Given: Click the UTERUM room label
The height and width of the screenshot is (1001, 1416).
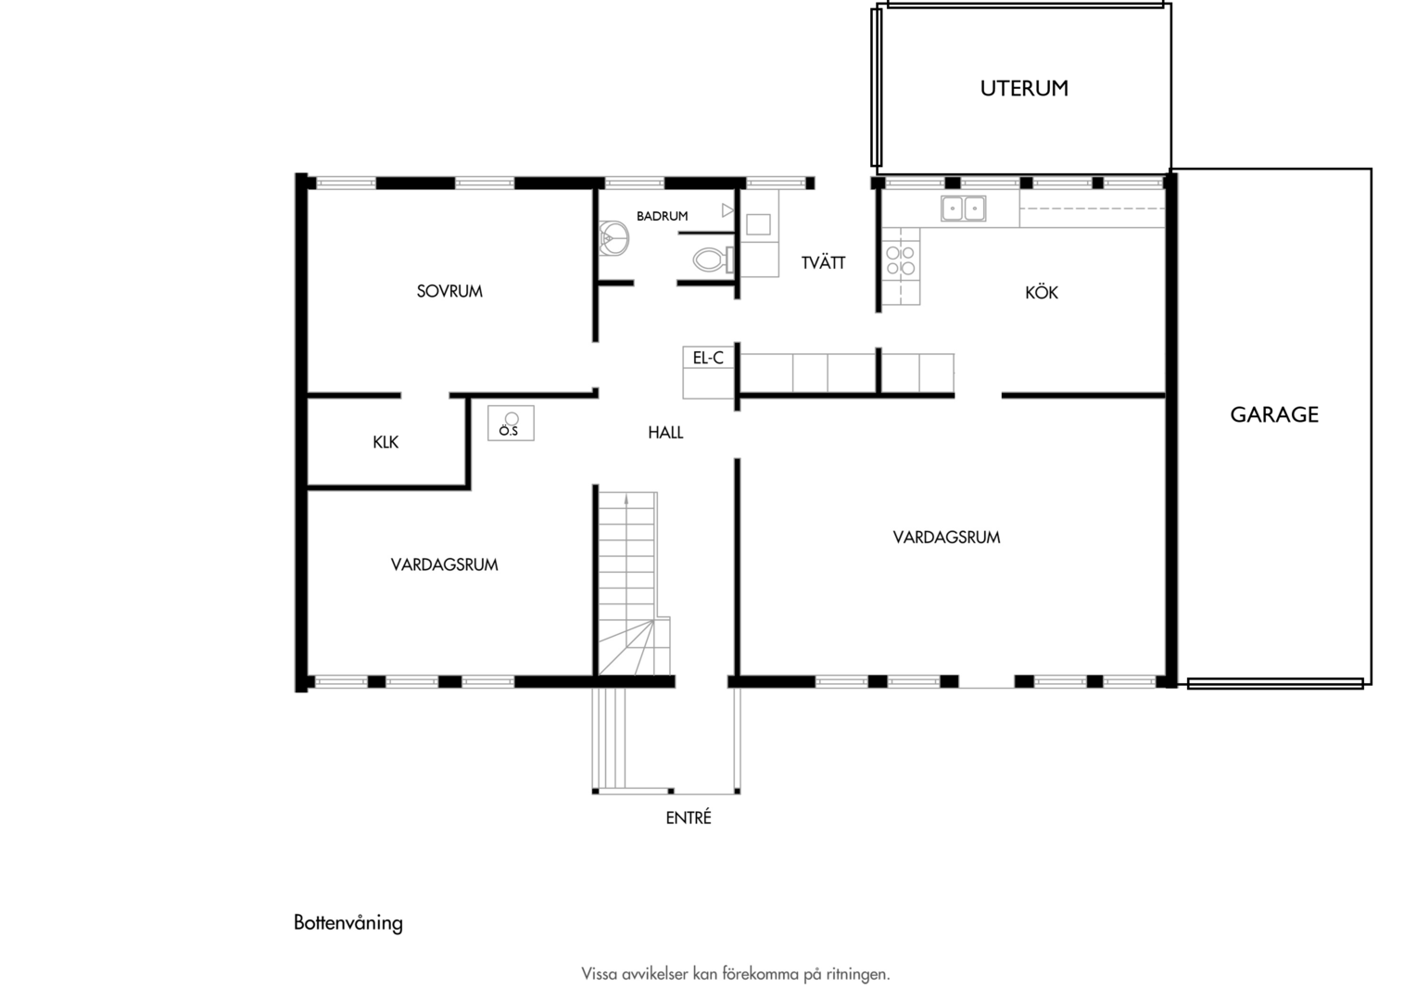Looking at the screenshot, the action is click(x=1024, y=89).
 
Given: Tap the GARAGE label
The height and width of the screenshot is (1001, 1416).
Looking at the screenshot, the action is click(x=1274, y=415).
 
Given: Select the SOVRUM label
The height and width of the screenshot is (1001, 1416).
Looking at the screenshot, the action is click(x=449, y=292).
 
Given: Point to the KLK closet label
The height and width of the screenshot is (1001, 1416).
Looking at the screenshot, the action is click(x=386, y=442).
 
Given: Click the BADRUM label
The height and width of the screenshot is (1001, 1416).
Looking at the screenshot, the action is click(x=662, y=216).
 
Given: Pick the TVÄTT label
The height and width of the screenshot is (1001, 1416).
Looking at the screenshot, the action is click(x=824, y=262).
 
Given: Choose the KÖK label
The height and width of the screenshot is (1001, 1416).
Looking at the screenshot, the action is click(x=1042, y=292).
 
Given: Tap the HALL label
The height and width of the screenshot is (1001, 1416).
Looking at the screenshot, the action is click(x=665, y=433).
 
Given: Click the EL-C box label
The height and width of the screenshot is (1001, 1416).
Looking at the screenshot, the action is click(x=708, y=359).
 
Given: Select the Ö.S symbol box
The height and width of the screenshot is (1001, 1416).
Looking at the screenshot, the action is click(x=511, y=423).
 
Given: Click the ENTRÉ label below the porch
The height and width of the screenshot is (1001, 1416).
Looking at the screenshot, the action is click(x=689, y=818).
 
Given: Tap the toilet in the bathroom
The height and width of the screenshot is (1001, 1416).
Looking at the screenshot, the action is click(x=713, y=260).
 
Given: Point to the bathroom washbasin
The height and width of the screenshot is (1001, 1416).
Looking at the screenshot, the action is click(x=613, y=238).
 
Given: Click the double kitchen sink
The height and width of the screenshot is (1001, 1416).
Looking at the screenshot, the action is click(x=963, y=209).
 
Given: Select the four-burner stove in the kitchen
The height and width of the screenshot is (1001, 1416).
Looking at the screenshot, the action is click(x=901, y=260).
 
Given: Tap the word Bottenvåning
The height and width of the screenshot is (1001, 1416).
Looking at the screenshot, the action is click(x=348, y=923).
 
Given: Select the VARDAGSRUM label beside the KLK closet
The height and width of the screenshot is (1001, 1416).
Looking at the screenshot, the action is click(x=445, y=564).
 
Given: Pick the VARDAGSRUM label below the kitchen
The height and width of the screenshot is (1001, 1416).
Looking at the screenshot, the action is click(x=946, y=538).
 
